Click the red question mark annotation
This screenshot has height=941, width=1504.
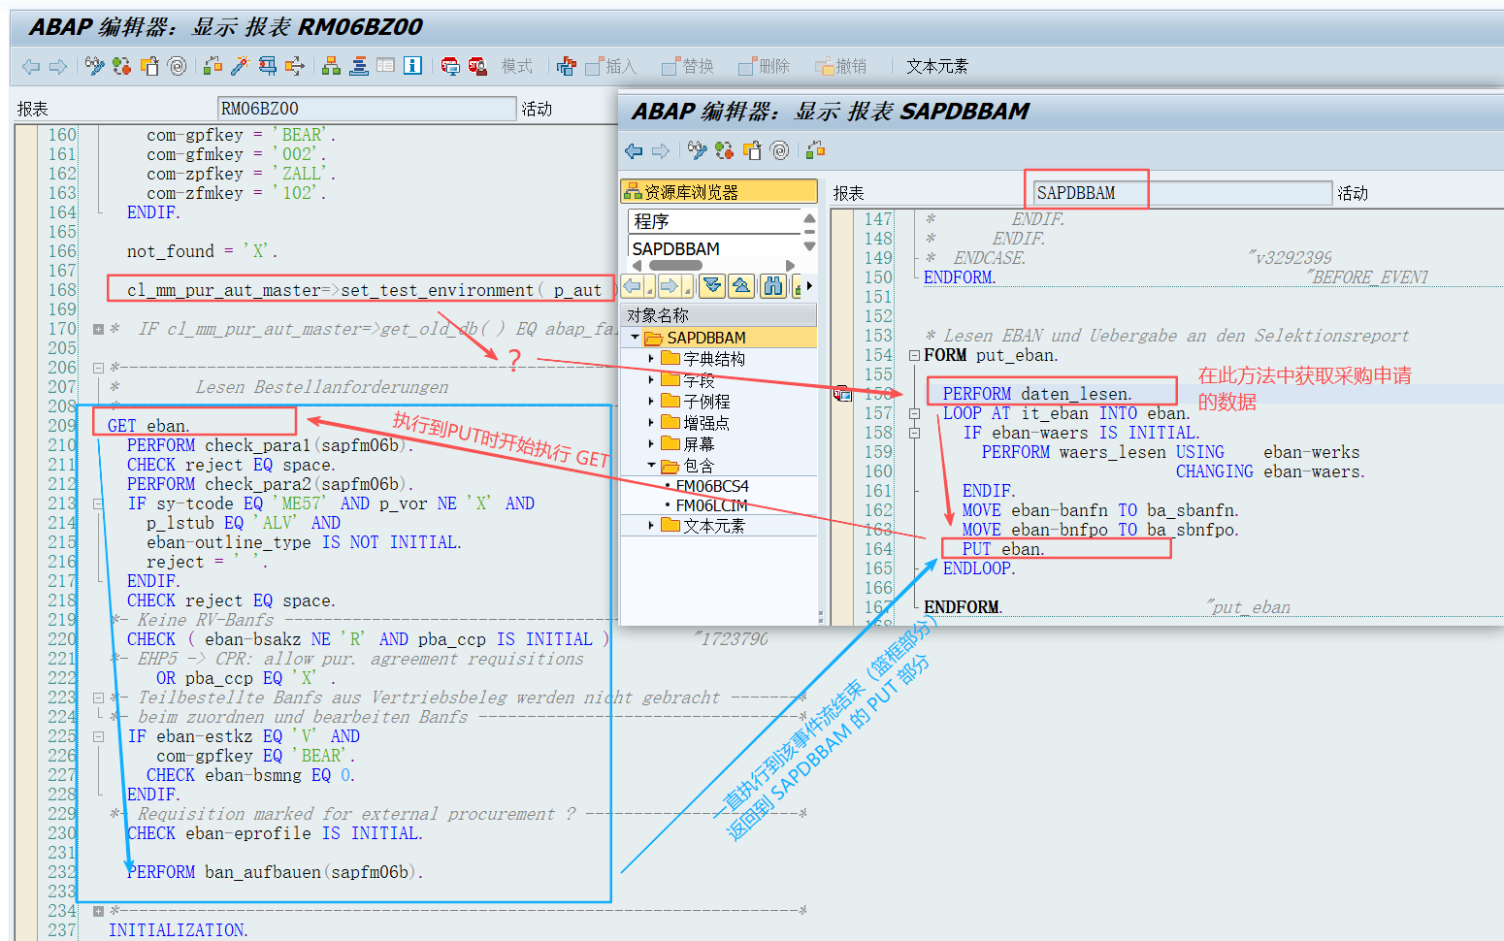coord(514,360)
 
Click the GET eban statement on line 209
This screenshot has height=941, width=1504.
coord(148,426)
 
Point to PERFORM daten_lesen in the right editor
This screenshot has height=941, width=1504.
coord(1036,394)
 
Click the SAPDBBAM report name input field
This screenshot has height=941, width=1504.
coord(1180,193)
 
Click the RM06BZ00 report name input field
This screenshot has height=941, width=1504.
coord(366,109)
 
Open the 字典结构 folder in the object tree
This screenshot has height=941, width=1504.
coord(713,359)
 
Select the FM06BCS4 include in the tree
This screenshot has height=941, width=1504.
coord(712,486)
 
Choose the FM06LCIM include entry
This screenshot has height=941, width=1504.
coord(711,505)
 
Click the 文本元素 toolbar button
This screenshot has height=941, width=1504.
coord(936,66)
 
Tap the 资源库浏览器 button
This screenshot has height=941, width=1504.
coord(718,192)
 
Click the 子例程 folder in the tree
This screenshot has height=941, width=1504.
coord(705,401)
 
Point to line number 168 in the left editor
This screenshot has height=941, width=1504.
coord(62,290)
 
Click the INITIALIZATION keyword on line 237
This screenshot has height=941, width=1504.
coord(178,930)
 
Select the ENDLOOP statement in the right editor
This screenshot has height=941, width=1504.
coord(978,568)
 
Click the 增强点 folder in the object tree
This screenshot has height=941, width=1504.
coord(705,423)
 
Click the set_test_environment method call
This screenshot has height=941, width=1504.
coord(437,290)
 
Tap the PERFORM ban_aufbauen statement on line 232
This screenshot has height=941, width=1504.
coord(275,872)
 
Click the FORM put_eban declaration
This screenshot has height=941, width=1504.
coord(990,355)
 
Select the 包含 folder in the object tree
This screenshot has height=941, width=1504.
coord(698,466)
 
